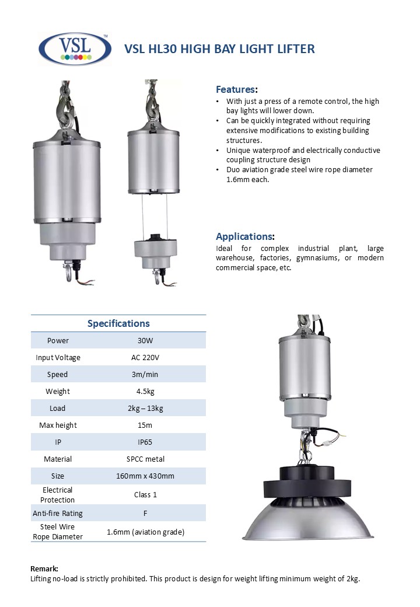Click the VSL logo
75,48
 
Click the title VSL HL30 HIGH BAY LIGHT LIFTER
219,49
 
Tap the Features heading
236,89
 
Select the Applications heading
244,236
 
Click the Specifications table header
118,323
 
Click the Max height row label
58,425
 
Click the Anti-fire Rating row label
58,513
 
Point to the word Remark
44,568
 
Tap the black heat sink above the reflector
309,479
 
